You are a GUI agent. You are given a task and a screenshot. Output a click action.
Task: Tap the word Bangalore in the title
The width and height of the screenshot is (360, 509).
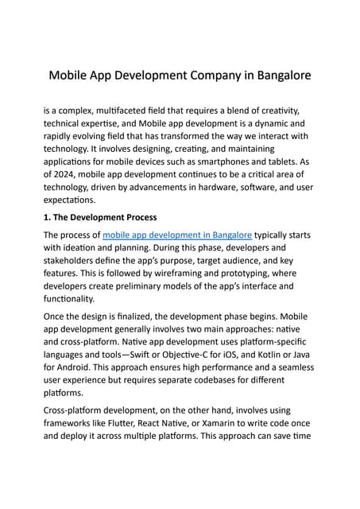[276, 76]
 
